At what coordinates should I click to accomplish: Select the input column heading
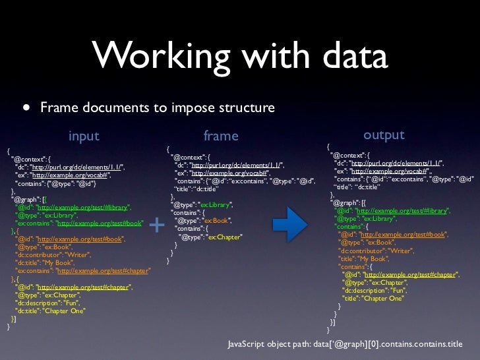click(84, 136)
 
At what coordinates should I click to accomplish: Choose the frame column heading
click(220, 136)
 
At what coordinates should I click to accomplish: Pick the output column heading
click(384, 135)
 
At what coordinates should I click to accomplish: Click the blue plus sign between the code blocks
click(157, 225)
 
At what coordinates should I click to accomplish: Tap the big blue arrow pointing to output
click(289, 224)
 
